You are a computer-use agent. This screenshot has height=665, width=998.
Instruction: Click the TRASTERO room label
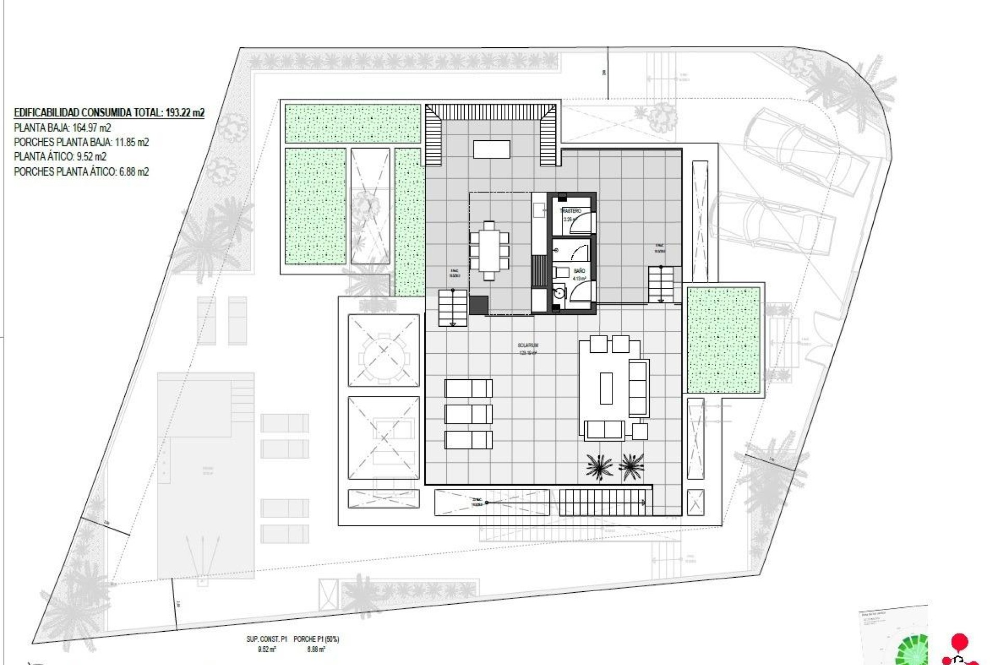click(570, 211)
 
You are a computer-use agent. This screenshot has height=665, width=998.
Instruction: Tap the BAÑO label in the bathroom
click(579, 271)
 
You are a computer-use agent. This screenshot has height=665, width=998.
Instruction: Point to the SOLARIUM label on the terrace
click(528, 345)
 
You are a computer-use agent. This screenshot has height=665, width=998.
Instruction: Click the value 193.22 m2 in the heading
click(184, 112)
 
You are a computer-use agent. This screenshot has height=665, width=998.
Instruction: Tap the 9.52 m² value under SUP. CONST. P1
click(266, 649)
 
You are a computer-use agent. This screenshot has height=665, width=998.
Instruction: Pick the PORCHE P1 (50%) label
click(316, 639)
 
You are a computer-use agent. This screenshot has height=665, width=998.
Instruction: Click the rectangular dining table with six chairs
click(489, 250)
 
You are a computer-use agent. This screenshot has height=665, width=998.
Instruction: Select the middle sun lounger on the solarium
click(468, 414)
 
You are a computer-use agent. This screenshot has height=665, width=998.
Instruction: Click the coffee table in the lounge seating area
click(606, 388)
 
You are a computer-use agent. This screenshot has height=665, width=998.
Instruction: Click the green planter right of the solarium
click(724, 340)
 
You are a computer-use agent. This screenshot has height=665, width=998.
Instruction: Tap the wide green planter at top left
click(352, 124)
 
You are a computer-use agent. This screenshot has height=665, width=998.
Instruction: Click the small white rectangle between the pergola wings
click(491, 149)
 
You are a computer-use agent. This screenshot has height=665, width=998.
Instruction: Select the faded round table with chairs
click(384, 350)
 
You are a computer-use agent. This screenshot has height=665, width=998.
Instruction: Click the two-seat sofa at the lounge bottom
click(604, 430)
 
